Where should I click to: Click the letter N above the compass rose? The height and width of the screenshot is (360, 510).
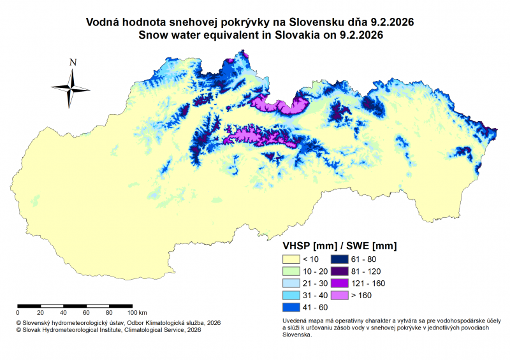point(73,62)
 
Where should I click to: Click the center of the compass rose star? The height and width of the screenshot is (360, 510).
point(72,87)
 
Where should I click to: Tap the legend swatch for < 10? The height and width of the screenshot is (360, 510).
point(291,259)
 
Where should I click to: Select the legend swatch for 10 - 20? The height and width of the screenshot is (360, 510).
point(291,271)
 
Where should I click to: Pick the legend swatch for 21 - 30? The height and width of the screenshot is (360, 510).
point(291,284)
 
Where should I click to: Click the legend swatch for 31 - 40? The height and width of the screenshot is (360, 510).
point(291,296)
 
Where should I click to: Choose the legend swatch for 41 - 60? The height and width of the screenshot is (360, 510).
point(291,308)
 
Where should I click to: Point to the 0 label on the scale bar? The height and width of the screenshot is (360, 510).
point(18,313)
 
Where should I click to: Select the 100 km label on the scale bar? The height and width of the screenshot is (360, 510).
point(137,313)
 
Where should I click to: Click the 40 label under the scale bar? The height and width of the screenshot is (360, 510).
point(64,313)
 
